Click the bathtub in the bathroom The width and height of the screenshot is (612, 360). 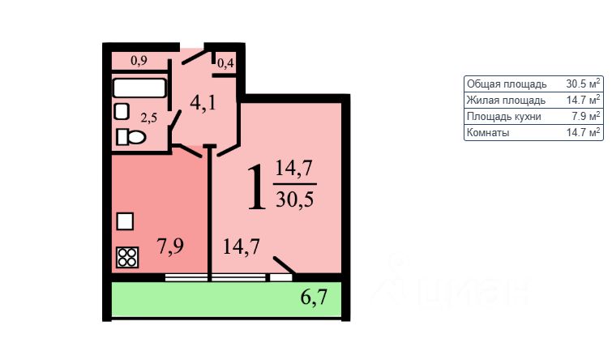point(139,88)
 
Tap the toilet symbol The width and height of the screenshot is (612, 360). point(131,137)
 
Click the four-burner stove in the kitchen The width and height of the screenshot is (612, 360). point(127,257)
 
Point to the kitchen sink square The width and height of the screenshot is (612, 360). point(125,221)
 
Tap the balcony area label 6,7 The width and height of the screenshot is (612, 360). point(315,297)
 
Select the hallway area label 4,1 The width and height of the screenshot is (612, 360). point(204,104)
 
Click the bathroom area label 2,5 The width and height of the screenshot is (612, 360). point(148,118)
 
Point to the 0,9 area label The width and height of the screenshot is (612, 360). point(139,60)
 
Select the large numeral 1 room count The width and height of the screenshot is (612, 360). point(255,187)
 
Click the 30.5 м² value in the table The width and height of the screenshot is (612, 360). point(583,84)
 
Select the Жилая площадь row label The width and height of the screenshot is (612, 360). point(499,100)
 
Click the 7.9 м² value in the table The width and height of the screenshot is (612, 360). point(585,116)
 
